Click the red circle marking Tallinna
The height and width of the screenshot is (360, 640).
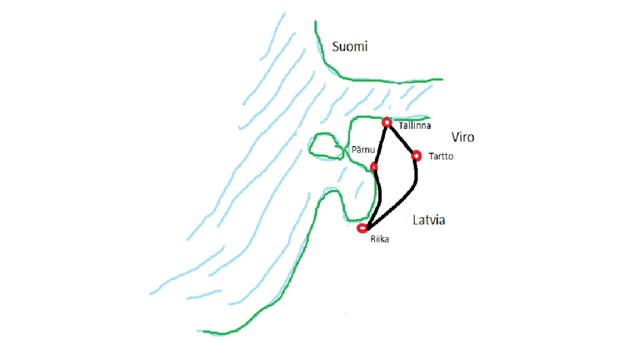point(387,122)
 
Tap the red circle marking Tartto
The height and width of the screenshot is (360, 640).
point(416,155)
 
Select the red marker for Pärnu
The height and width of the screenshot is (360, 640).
point(374,167)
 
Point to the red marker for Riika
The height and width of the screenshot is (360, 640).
point(361,228)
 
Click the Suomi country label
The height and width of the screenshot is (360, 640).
point(350,46)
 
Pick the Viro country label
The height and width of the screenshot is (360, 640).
point(462,137)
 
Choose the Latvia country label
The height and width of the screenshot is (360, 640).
point(429,220)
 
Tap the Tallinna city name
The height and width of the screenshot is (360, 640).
point(414,126)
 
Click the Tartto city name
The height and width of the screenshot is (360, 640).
point(441,156)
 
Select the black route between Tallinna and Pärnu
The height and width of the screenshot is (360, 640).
point(381,144)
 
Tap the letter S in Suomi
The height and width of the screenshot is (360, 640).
point(336,46)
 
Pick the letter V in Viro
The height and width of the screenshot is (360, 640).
point(455,137)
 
